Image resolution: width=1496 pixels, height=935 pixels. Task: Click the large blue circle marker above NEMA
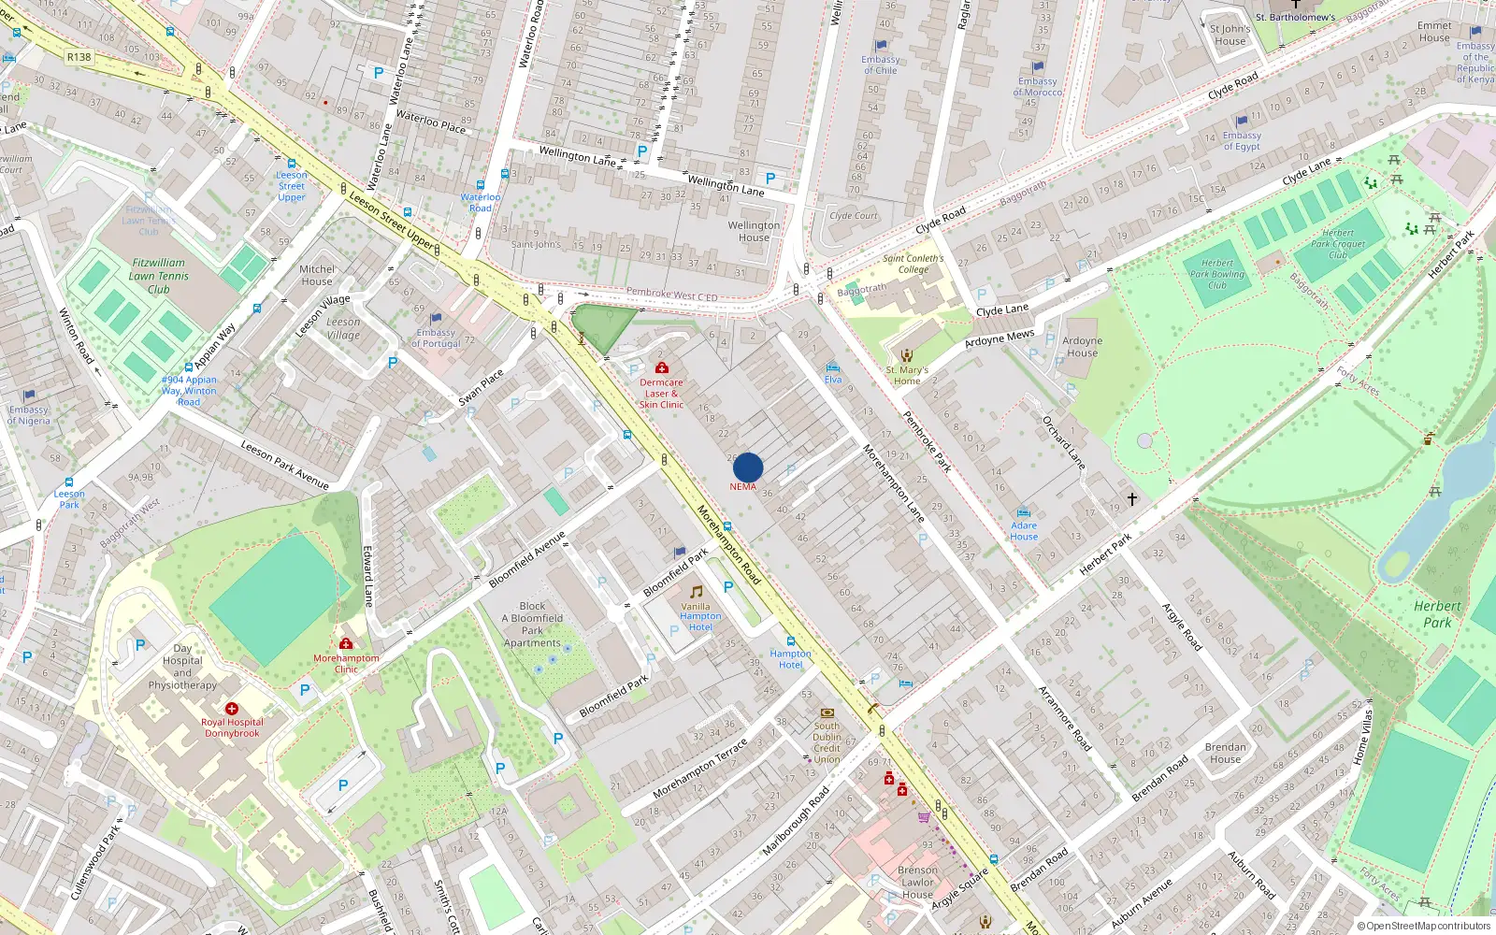click(x=748, y=467)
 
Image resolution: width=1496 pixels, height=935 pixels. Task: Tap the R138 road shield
click(x=79, y=57)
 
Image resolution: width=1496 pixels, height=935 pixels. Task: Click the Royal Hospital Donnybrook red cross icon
click(x=232, y=709)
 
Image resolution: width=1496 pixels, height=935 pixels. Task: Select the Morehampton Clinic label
click(x=346, y=663)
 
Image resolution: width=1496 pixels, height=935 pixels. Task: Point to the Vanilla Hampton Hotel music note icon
click(x=696, y=592)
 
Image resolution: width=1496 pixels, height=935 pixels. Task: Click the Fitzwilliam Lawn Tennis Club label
click(x=159, y=276)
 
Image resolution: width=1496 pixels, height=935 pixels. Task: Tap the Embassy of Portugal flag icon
click(x=436, y=318)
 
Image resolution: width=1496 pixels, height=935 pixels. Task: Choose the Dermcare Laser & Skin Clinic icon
click(x=662, y=368)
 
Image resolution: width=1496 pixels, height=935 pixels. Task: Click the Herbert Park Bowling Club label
click(x=1217, y=274)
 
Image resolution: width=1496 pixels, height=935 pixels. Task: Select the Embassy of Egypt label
click(x=1242, y=141)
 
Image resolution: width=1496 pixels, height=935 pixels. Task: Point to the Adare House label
click(x=1024, y=531)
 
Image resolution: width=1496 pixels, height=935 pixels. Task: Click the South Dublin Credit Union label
click(x=827, y=742)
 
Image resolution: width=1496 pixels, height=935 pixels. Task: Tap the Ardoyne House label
click(x=1082, y=347)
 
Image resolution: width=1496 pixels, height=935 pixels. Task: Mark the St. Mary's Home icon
click(x=906, y=355)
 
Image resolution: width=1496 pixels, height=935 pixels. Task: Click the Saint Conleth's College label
click(x=913, y=264)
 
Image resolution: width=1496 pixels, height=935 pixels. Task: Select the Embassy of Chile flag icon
click(x=881, y=45)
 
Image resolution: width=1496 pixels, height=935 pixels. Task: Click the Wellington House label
click(x=754, y=231)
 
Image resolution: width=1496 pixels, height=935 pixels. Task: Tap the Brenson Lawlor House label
click(x=917, y=882)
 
